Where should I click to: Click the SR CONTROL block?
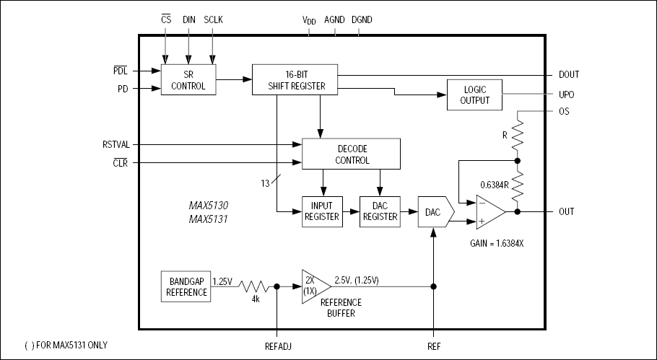click(188, 80)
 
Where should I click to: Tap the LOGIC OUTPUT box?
click(473, 95)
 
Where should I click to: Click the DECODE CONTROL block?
click(352, 154)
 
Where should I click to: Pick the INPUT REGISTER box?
click(321, 211)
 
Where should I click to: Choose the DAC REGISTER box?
click(379, 211)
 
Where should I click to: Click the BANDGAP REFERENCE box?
click(186, 286)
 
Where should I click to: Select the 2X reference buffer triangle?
click(313, 286)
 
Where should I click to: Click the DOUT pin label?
click(568, 74)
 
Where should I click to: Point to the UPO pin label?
click(566, 95)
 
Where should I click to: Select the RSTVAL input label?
click(116, 144)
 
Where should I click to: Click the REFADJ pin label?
click(277, 346)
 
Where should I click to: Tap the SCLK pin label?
click(214, 19)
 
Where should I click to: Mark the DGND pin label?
click(362, 19)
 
